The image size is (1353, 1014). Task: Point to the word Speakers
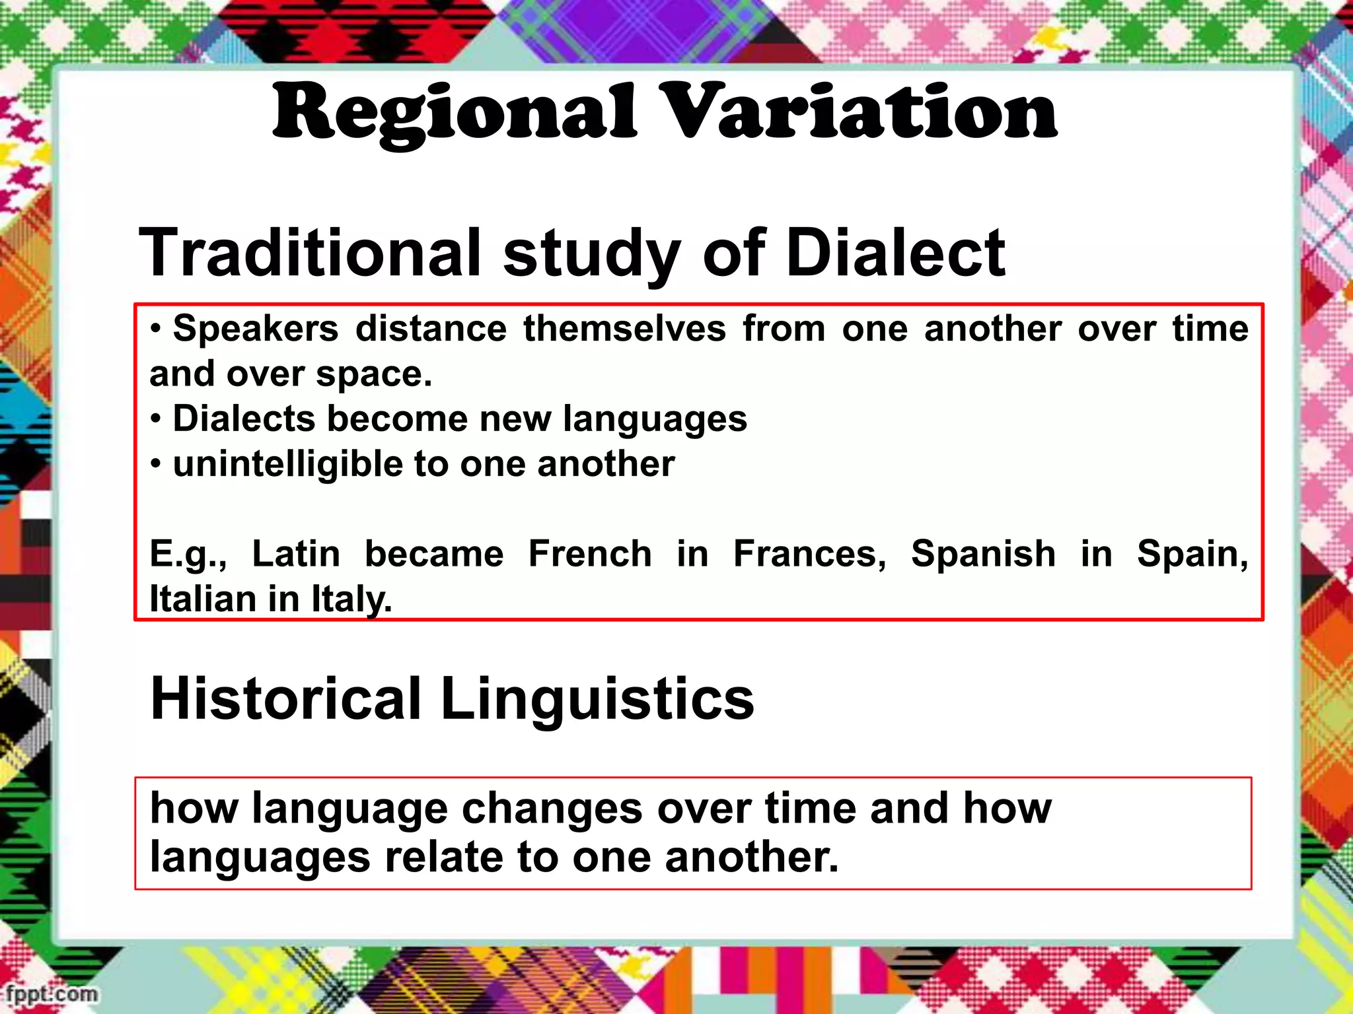point(256,329)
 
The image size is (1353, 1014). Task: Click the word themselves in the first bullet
point(624,329)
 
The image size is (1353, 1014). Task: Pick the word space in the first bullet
point(373,374)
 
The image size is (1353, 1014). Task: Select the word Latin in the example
point(296,553)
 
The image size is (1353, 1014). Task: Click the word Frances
point(809,553)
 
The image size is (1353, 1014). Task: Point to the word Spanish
point(983,553)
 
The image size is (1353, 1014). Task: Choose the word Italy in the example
point(351,599)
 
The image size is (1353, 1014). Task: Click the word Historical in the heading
point(286,698)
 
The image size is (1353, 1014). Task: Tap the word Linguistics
point(597,698)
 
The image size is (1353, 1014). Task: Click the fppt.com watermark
point(52,994)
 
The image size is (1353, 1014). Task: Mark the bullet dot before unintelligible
point(155,465)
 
